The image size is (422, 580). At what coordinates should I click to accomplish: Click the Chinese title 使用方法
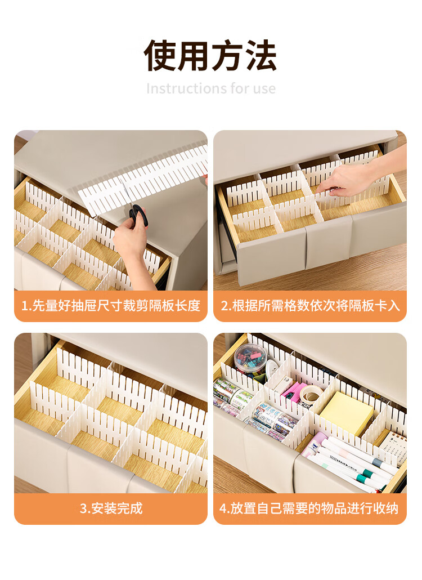[210, 56]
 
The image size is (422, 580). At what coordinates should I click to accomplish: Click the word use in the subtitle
[264, 89]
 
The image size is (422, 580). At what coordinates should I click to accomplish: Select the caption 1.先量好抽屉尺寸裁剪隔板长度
[110, 306]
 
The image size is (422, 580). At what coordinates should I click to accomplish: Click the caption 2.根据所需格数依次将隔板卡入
[310, 306]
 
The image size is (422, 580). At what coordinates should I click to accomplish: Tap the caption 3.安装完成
[111, 508]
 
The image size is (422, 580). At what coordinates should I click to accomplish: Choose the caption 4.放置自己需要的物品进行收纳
[309, 508]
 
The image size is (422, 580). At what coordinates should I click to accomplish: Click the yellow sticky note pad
[346, 412]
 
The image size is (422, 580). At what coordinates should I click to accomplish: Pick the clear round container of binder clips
[250, 360]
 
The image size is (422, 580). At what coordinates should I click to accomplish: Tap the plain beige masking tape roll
[311, 395]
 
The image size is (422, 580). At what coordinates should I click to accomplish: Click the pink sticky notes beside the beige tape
[293, 392]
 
